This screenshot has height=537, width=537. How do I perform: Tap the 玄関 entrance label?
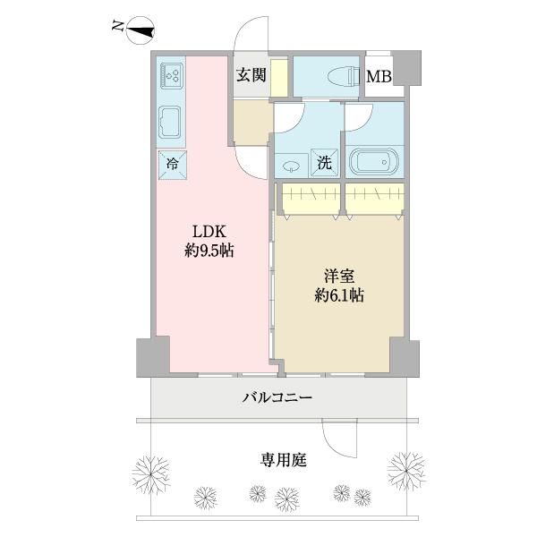click(251, 75)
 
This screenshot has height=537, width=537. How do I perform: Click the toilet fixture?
click(337, 77)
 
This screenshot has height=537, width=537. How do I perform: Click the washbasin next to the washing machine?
click(293, 165)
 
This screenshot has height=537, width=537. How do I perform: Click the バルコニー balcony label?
click(278, 397)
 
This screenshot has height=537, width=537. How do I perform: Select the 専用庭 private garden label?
click(285, 460)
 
